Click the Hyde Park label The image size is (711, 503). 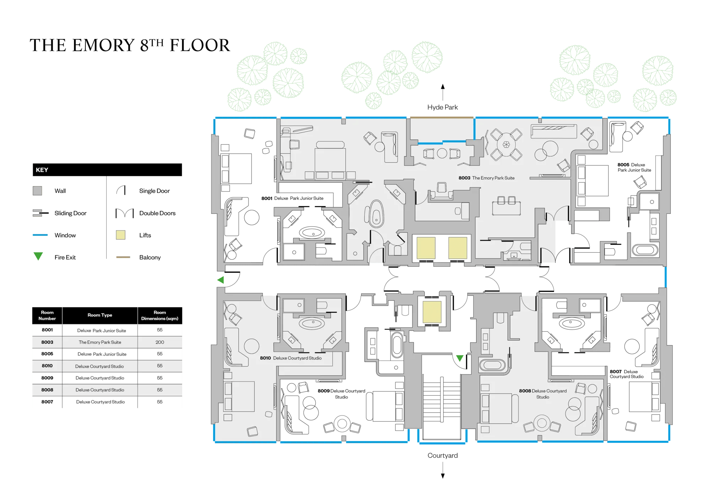[442, 107]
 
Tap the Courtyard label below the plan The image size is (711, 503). [443, 455]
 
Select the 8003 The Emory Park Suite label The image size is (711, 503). [486, 178]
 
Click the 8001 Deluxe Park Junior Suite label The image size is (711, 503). [292, 198]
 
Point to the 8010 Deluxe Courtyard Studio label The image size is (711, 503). [290, 358]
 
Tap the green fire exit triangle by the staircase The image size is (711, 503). [460, 358]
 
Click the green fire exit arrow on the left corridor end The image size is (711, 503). [221, 280]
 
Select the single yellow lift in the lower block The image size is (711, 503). [432, 312]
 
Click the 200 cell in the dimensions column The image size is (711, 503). [160, 342]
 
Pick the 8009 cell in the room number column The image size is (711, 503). [47, 378]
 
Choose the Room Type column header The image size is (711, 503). [100, 315]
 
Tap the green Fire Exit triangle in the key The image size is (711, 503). [38, 256]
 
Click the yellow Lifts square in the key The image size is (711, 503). [121, 235]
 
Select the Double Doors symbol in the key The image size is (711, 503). [124, 213]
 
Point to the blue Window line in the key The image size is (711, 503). [40, 235]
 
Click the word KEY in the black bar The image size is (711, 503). [42, 170]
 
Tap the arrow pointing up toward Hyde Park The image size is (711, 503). [443, 92]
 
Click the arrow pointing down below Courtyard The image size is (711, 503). [443, 470]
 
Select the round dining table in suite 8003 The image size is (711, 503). [506, 144]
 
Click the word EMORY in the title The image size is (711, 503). [103, 45]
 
